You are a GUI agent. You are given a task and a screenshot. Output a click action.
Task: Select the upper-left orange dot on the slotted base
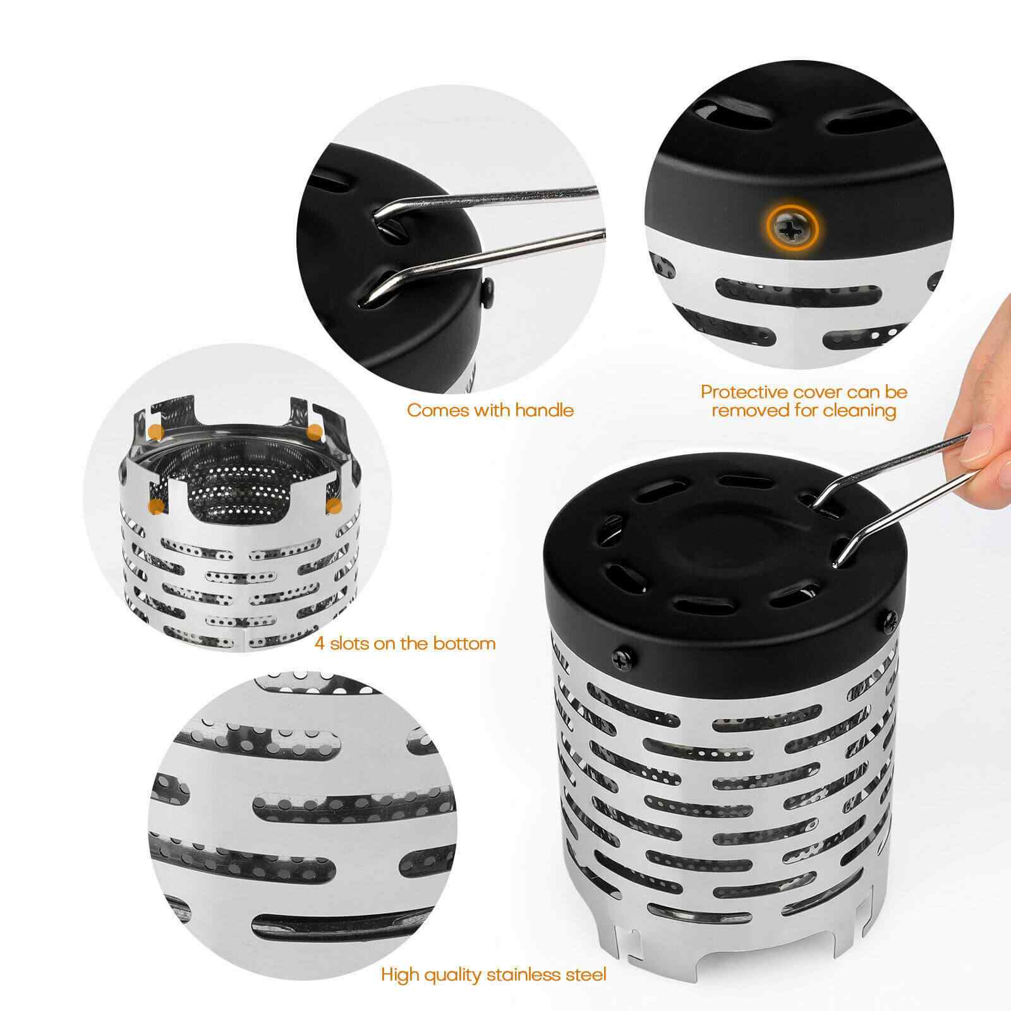pos(156,432)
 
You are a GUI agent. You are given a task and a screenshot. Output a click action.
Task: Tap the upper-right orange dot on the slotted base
pos(315,432)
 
